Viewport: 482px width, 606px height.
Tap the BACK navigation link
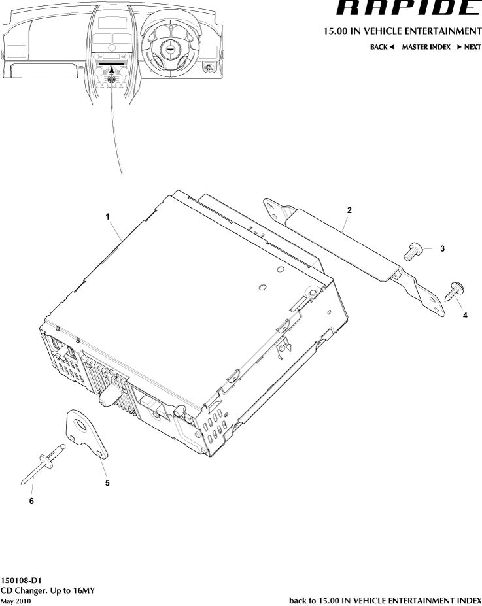tap(382, 48)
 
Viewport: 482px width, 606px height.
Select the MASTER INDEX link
tap(426, 48)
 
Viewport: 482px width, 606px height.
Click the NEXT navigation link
tap(469, 48)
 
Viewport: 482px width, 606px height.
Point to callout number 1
tap(108, 217)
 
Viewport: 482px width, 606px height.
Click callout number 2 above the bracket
tap(349, 210)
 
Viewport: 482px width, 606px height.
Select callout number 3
tap(443, 248)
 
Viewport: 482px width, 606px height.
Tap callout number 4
tap(466, 314)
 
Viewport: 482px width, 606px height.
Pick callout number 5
tap(107, 483)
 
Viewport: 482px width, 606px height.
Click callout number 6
tap(31, 501)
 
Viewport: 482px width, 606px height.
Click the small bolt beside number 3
tap(413, 250)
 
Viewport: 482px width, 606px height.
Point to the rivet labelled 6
tap(42, 465)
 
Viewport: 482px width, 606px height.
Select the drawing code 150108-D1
tap(21, 580)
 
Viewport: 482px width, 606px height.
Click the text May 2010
tap(16, 601)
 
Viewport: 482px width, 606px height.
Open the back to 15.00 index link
tap(385, 600)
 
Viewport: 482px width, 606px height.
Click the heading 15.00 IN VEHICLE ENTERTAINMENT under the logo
tap(402, 31)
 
